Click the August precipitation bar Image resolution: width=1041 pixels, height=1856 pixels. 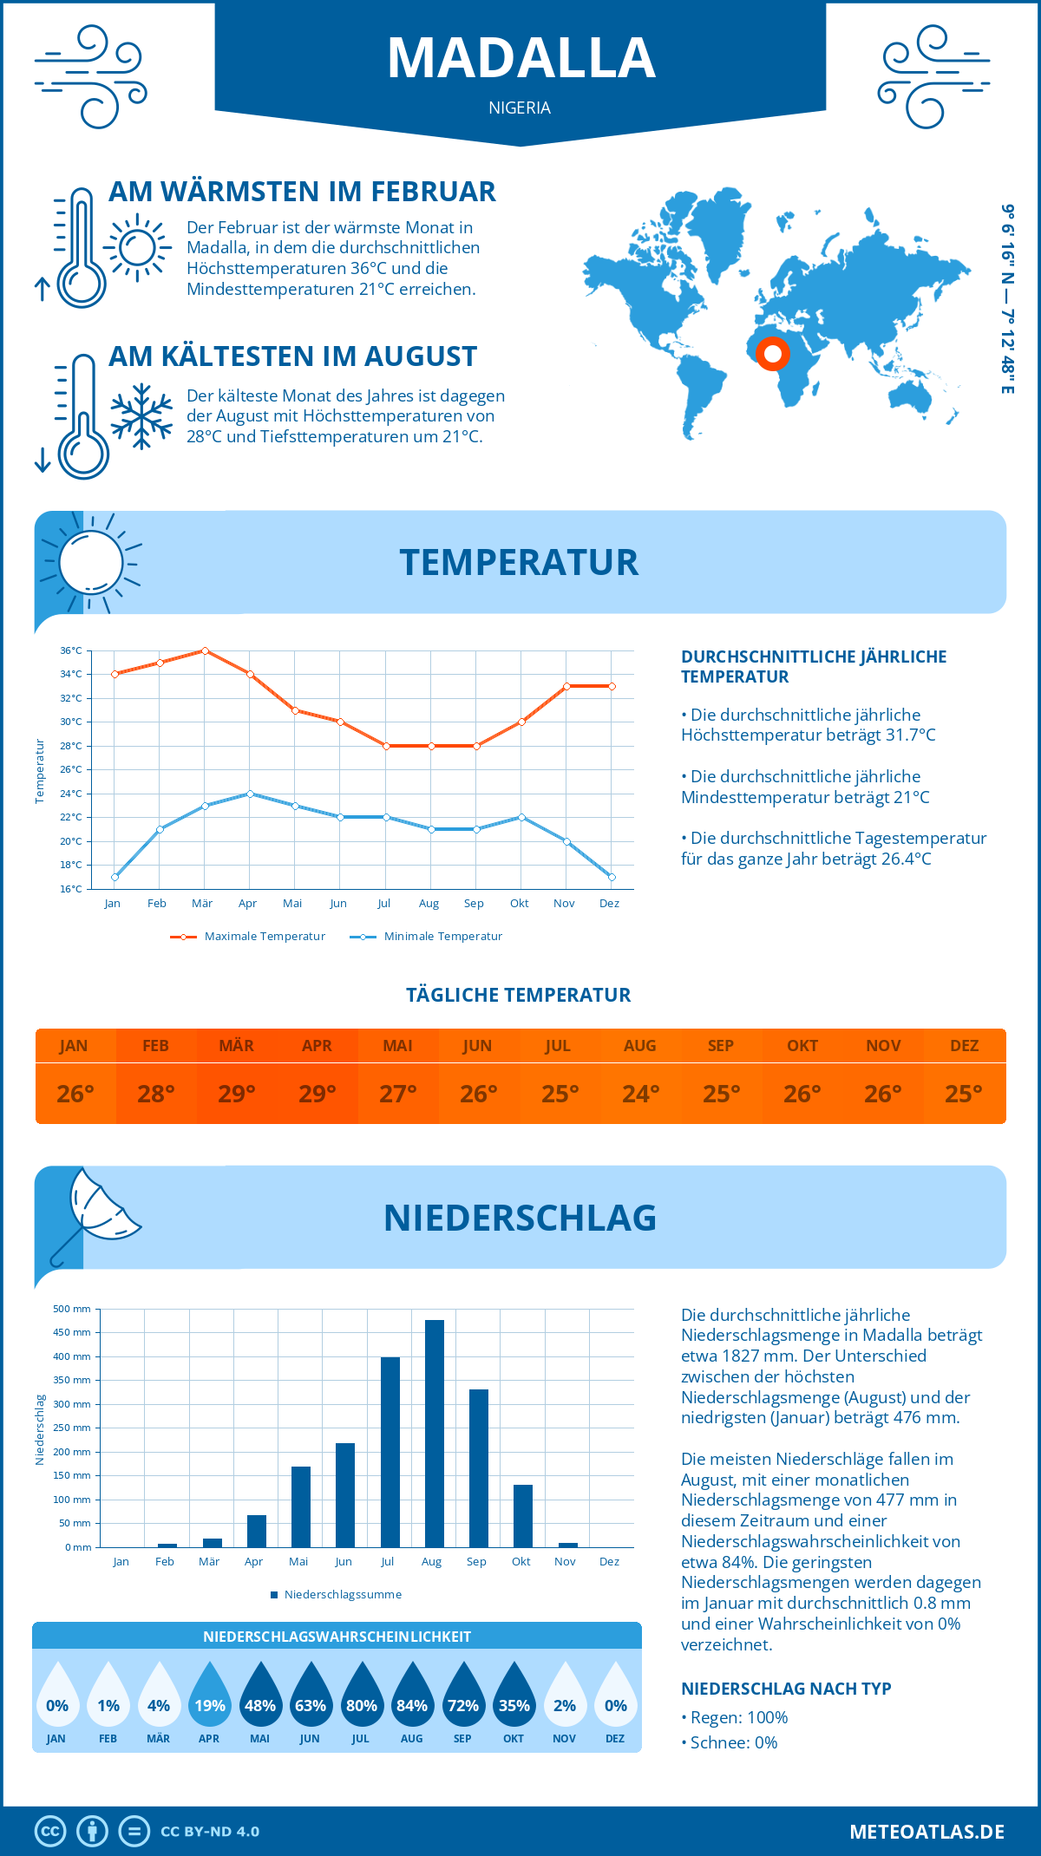click(434, 1433)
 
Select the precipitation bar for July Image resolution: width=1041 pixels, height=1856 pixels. click(390, 1452)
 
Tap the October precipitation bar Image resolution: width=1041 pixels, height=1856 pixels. click(522, 1515)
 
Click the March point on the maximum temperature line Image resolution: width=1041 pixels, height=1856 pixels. click(205, 650)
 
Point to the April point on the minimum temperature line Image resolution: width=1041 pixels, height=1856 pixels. click(250, 794)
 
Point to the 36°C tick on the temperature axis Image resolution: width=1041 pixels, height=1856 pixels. click(71, 650)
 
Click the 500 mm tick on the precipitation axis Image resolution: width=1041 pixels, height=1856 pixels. click(72, 1309)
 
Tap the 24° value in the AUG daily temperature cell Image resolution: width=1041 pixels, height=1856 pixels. click(640, 1094)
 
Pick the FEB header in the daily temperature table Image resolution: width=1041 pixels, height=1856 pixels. click(155, 1046)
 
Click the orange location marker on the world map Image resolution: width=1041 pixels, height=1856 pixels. click(772, 354)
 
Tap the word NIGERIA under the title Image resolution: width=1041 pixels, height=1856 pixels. click(520, 108)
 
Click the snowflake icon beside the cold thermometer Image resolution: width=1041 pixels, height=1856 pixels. click(141, 416)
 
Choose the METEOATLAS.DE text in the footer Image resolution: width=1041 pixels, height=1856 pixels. click(926, 1832)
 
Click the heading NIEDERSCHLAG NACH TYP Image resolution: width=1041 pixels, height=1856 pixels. click(786, 1689)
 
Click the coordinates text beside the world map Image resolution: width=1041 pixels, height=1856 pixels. click(1007, 299)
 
